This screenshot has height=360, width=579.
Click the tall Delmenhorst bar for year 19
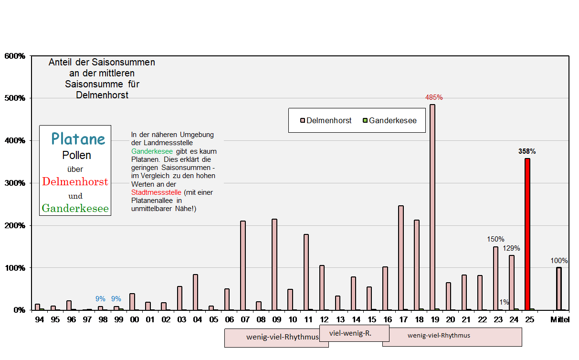(x=432, y=207)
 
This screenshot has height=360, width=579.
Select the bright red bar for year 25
(x=527, y=234)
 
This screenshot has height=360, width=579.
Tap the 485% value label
(x=434, y=97)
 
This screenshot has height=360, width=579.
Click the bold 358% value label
(x=527, y=151)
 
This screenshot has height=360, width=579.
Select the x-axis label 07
(x=245, y=319)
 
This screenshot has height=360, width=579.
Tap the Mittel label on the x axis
(x=560, y=319)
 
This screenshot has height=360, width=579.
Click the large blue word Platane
(x=78, y=139)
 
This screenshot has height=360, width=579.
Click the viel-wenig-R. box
(x=354, y=333)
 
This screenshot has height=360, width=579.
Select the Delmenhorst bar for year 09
(x=274, y=265)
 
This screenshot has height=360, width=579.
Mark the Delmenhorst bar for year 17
(x=401, y=258)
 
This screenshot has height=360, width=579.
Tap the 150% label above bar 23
(x=495, y=239)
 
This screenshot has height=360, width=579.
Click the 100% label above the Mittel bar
(x=559, y=261)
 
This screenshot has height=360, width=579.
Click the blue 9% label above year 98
(x=100, y=299)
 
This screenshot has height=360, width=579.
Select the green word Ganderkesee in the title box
(x=75, y=208)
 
